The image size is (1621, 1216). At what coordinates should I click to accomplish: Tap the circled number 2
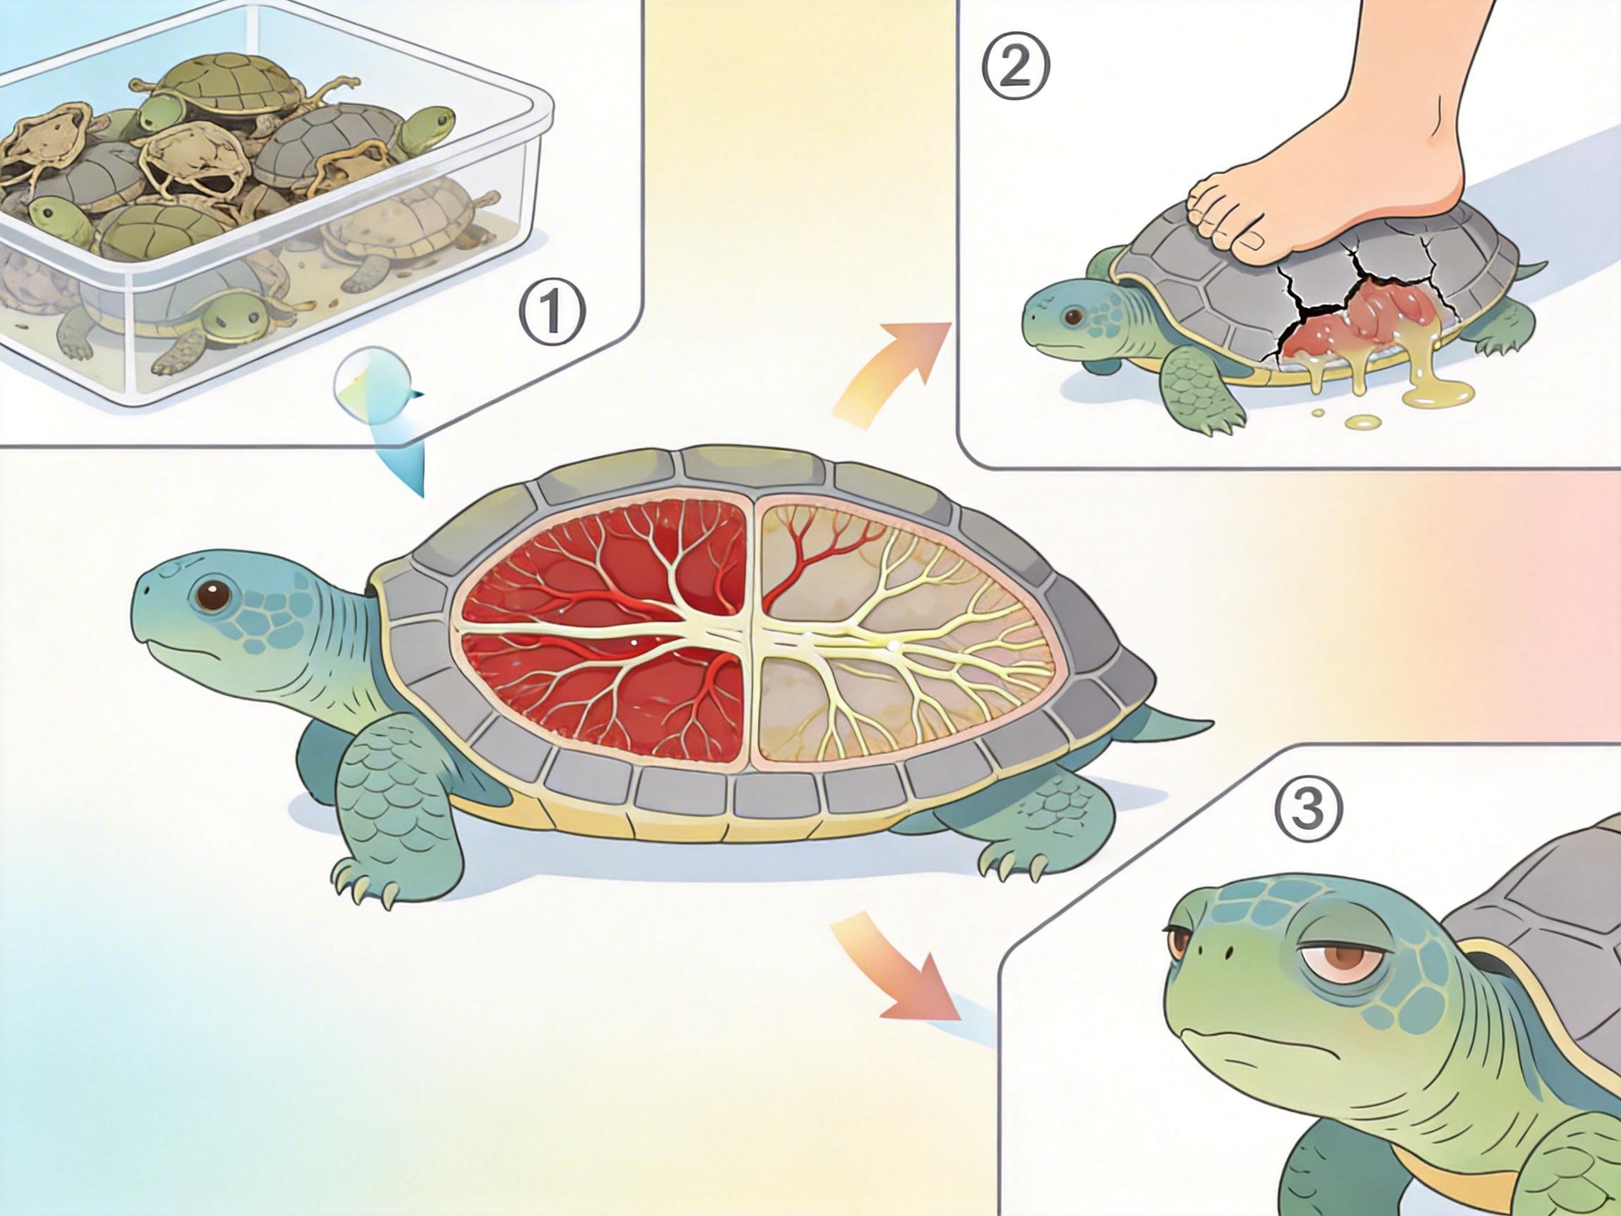[x=1017, y=68]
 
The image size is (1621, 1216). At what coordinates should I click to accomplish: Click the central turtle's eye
[x=214, y=595]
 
